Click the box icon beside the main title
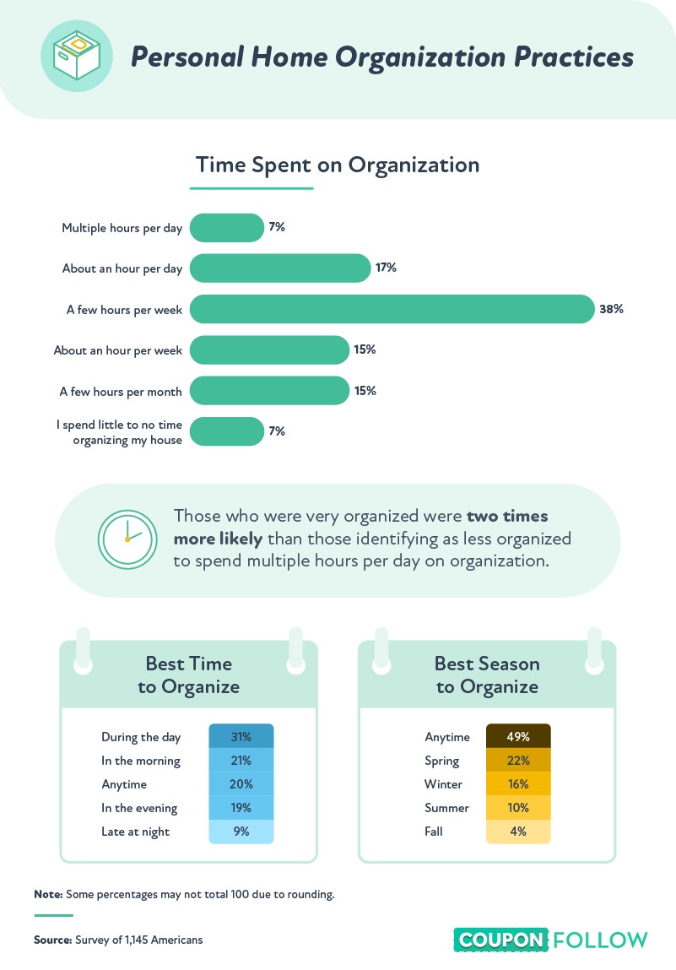coord(77,56)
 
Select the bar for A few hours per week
coord(392,309)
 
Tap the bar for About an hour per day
coord(280,268)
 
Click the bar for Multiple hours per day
coord(227,228)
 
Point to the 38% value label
coord(611,309)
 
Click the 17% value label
coord(386,268)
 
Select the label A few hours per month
coord(121,392)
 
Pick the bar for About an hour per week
coord(270,350)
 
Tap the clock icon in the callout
coord(127,539)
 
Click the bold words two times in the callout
coord(507,516)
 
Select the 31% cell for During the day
coord(241,737)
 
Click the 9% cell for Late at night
coord(241,832)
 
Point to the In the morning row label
coord(141,761)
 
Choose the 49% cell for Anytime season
coord(518,737)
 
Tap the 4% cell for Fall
coord(518,832)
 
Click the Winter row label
coord(443,783)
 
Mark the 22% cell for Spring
coord(518,761)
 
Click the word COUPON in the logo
coord(501,940)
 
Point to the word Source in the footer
coord(53,940)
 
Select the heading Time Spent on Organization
coord(338,165)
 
